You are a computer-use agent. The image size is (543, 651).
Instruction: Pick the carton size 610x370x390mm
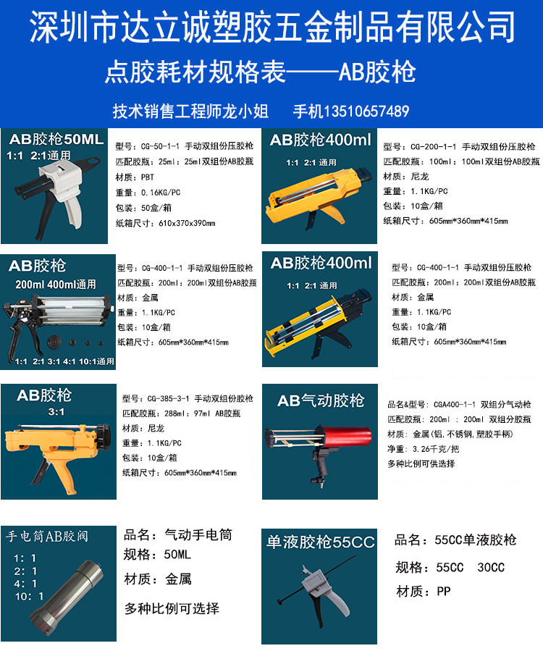click(x=186, y=223)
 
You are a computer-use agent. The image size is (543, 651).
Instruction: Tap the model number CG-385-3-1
click(x=153, y=398)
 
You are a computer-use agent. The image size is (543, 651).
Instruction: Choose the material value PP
click(x=443, y=592)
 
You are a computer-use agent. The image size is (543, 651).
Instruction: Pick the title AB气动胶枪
click(x=321, y=400)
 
